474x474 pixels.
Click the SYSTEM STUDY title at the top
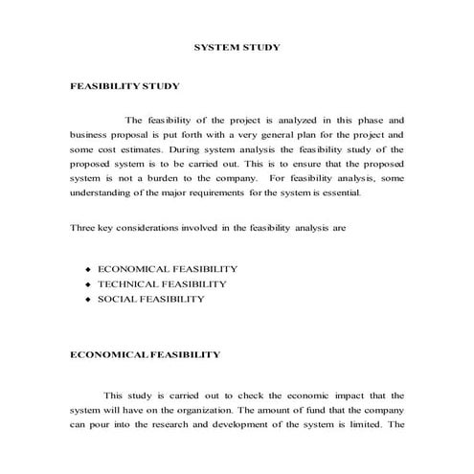click(237, 46)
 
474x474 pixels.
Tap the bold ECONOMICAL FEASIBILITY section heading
click(146, 355)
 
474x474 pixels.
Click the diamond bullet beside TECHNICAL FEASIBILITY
click(87, 285)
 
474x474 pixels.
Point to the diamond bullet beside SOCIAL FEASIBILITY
click(87, 300)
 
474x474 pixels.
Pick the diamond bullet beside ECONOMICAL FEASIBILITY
click(87, 270)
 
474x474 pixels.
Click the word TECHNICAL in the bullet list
click(127, 284)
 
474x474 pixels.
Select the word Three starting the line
click(83, 228)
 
